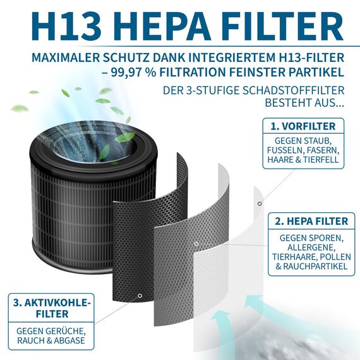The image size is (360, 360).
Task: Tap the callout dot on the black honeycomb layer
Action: [x=140, y=296]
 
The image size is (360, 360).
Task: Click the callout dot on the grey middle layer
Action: [x=196, y=243]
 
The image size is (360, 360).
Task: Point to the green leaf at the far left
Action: [x=19, y=109]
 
